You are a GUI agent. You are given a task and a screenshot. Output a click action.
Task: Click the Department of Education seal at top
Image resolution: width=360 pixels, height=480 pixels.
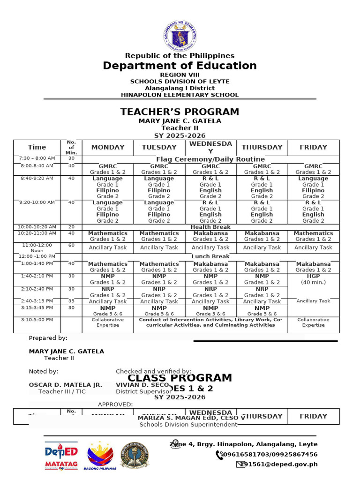[x=180, y=35]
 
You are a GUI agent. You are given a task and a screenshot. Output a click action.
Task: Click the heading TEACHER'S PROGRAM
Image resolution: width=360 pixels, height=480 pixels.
[x=180, y=112]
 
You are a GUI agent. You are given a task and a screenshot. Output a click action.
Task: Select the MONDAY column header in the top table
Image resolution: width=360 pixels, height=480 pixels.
[x=108, y=147]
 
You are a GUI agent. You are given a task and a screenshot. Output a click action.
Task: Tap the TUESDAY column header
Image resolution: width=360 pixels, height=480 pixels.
[x=159, y=147]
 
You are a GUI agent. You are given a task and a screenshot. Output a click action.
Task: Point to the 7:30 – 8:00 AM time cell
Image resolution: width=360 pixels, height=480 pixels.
[x=37, y=159]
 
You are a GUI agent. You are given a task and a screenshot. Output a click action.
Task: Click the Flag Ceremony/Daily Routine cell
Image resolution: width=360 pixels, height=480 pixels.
[x=210, y=159]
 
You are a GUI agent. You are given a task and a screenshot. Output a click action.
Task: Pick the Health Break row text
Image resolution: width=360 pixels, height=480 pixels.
[x=210, y=227]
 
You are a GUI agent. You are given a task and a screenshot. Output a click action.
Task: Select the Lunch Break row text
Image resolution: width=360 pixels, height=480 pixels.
[x=210, y=256]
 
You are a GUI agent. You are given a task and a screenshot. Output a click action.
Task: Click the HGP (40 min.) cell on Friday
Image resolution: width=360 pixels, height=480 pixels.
[x=313, y=279]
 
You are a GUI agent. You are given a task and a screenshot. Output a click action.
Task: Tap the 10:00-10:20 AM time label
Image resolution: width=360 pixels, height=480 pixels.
[x=37, y=227]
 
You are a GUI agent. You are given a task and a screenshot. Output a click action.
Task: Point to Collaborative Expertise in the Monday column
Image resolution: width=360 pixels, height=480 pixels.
[x=108, y=322]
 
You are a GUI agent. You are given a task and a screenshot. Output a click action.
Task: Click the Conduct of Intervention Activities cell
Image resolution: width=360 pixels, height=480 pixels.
[x=210, y=322]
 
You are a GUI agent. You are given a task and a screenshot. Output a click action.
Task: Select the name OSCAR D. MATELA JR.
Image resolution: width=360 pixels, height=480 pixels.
[x=65, y=385]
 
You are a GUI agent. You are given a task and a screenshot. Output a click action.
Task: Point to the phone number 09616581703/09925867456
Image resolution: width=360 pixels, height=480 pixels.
[x=270, y=454]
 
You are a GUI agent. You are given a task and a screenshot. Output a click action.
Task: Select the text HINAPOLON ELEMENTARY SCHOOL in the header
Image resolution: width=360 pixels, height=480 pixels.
[x=180, y=95]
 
